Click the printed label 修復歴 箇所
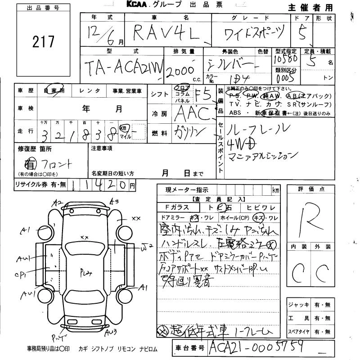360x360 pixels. [x=35, y=148]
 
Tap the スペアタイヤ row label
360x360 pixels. [x=298, y=333]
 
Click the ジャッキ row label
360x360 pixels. [x=298, y=305]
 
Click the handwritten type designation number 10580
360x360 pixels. [x=285, y=59]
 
